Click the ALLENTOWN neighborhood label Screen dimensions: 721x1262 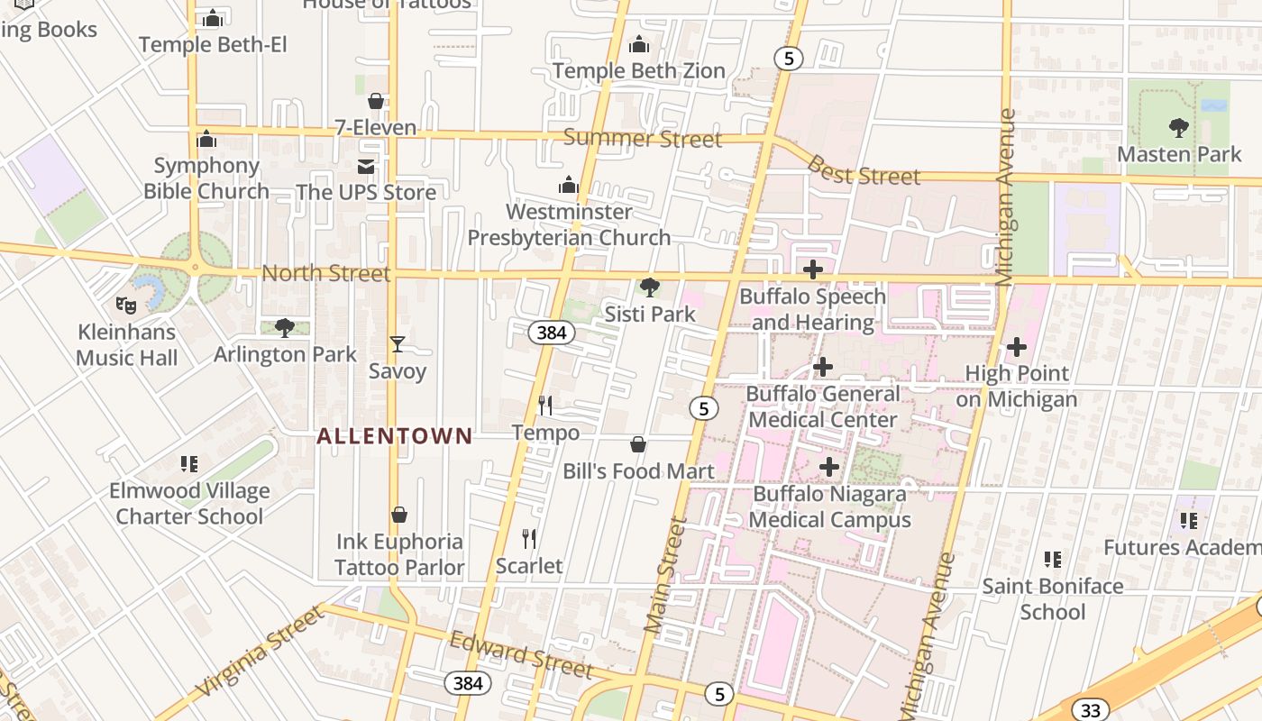click(394, 436)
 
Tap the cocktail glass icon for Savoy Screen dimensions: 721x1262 click(397, 344)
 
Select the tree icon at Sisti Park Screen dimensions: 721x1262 click(649, 287)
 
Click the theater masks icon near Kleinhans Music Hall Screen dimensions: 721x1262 click(126, 306)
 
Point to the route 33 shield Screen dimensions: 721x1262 click(1090, 710)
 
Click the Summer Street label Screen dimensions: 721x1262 click(643, 138)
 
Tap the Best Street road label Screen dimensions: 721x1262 click(863, 171)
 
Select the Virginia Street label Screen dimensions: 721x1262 click(259, 651)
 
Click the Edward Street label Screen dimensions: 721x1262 click(521, 654)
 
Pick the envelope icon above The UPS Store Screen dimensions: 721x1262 click(366, 167)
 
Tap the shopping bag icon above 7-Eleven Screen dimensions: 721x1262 click(376, 101)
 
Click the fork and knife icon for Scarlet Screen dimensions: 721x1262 click(529, 539)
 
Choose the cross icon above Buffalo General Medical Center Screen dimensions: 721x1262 click(822, 367)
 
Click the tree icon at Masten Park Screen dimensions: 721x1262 click(1178, 128)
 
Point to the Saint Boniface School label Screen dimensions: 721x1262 click(1052, 598)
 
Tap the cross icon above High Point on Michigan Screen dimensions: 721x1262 click(1017, 347)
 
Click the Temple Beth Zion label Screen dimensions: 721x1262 click(638, 70)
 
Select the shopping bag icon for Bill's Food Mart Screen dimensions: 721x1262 click(638, 444)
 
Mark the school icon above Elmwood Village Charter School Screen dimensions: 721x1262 click(189, 464)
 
